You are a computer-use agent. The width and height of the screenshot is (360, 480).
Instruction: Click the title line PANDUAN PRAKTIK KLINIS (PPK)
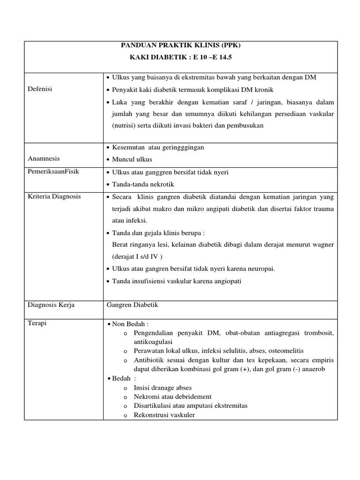pos(180,45)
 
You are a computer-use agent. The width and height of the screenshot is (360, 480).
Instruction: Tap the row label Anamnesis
pos(44,159)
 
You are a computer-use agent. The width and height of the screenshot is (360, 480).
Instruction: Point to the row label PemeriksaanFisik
pos(53,172)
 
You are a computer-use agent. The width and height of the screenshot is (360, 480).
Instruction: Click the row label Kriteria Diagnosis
pos(54,196)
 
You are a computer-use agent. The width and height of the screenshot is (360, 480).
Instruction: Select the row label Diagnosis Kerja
pos(52,305)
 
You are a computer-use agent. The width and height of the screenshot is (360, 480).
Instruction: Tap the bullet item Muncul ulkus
pos(132,159)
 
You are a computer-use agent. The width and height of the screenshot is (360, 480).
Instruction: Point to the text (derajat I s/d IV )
pos(138,257)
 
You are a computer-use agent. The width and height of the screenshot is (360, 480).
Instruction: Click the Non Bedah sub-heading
pos(130,324)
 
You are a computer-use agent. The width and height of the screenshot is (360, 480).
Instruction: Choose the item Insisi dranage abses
pos(163,388)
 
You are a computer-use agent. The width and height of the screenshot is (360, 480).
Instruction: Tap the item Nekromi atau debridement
pos(172,397)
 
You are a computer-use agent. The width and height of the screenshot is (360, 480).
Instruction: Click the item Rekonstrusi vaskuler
pos(164,415)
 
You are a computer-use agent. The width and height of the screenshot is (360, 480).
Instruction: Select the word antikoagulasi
pos(153,342)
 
